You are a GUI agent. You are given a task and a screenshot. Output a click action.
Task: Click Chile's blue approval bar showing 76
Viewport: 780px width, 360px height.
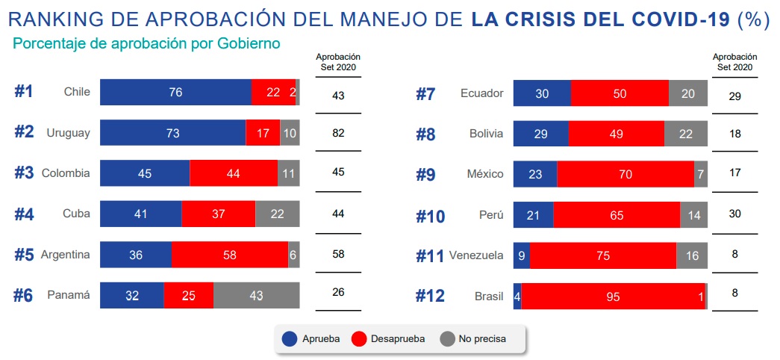[x=175, y=92]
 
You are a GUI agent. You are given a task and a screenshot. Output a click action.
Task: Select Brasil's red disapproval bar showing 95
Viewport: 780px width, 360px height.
[x=613, y=296]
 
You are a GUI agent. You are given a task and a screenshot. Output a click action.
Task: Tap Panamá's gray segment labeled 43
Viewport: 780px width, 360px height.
[x=256, y=295]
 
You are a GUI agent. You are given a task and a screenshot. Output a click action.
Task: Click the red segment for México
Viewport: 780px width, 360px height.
[x=625, y=174]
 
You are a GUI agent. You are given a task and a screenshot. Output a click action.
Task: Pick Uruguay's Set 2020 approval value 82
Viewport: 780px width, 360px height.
[x=338, y=131]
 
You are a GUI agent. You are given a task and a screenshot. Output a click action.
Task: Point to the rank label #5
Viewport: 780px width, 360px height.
[x=24, y=255]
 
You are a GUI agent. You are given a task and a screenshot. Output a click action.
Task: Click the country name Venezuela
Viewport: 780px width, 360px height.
[x=476, y=255]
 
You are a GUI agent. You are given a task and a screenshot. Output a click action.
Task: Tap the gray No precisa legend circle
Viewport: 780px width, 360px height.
[x=447, y=338]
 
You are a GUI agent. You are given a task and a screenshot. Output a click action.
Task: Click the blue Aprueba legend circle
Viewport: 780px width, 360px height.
[x=290, y=338]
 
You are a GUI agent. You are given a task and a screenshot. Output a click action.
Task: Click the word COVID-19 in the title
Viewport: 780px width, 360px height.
[x=678, y=19]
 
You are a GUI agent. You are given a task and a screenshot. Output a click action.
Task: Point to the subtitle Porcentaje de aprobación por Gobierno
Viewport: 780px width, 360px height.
[x=146, y=44]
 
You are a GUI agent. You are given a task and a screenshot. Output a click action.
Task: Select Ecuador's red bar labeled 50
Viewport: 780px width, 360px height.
[x=620, y=93]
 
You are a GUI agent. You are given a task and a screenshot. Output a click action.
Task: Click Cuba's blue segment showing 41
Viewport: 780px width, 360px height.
[x=141, y=214]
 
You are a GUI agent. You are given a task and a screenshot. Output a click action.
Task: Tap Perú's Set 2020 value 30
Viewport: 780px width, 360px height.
[x=734, y=213]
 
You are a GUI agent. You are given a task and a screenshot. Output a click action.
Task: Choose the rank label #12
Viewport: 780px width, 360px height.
[x=430, y=296]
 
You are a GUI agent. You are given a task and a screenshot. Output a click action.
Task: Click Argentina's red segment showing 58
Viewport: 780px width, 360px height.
[x=229, y=255]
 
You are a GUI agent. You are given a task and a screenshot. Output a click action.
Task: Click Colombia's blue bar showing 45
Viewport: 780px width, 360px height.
[x=145, y=173]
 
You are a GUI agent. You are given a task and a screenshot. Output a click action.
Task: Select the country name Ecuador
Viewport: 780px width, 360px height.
[x=481, y=93]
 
